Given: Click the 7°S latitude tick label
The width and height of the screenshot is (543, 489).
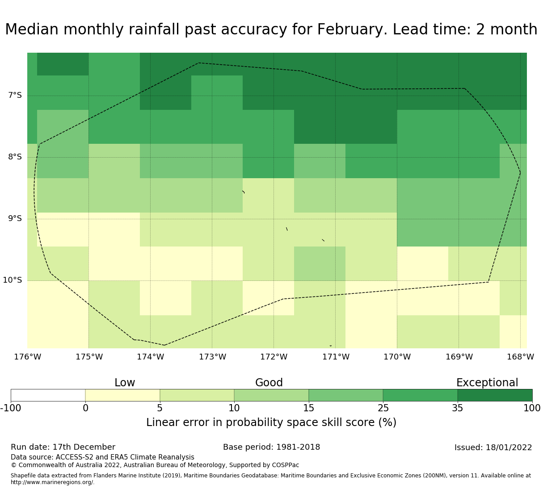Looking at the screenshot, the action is coord(15,96).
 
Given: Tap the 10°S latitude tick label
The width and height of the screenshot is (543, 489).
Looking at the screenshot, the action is coord(12,280).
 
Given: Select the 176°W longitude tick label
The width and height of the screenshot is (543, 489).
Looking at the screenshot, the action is coord(27,357).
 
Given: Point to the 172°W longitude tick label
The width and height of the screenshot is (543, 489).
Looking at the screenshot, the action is coord(274,357).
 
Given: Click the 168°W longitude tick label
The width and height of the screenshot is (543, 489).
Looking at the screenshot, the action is coord(520,357).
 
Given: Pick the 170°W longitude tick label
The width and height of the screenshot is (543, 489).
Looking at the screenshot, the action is coord(397,357).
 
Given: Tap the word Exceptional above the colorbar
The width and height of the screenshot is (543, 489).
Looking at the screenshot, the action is coord(487,383).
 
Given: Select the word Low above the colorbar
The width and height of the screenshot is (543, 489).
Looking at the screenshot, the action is coord(125,383).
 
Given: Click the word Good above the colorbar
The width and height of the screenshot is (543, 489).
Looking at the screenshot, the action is coord(269,383).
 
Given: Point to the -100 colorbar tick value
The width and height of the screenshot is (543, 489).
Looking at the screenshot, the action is coord(11,408).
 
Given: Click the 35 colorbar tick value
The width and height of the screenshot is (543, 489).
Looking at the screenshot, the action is coord(458,408).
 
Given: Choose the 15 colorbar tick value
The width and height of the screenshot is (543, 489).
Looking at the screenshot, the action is coord(308,408).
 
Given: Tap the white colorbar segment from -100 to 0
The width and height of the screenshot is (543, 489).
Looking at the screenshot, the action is coord(48,395).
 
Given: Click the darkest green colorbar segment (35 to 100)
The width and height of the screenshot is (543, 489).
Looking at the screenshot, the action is coord(495,395).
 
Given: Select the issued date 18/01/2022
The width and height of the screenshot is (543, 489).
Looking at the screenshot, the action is coord(509,447).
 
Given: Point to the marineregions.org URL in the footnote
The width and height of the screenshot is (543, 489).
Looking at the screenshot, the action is coord(53,482).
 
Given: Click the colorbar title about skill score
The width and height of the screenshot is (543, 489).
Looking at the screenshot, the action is coord(271,422).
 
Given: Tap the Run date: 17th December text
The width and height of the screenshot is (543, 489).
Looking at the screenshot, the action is coord(63,447).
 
